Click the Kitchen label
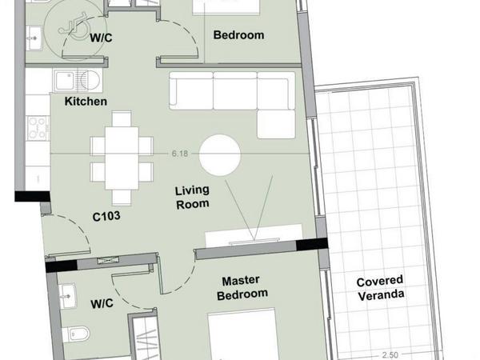point(86,102)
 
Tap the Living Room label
point(192,198)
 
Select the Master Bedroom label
point(242,288)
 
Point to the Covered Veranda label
point(380,289)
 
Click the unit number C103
point(106,217)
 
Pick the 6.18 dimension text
point(180,154)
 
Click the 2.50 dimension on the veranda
point(390,355)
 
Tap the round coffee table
point(220,155)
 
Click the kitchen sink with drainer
point(78,81)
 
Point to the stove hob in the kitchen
point(38,128)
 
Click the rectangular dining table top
point(122,158)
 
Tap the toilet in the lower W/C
point(76,334)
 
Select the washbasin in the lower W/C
point(67,296)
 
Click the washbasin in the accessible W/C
point(34,38)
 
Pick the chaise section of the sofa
point(276,124)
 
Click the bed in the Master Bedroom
point(242,334)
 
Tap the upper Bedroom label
point(238,35)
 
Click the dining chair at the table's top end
point(122,118)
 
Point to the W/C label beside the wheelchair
point(101,38)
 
